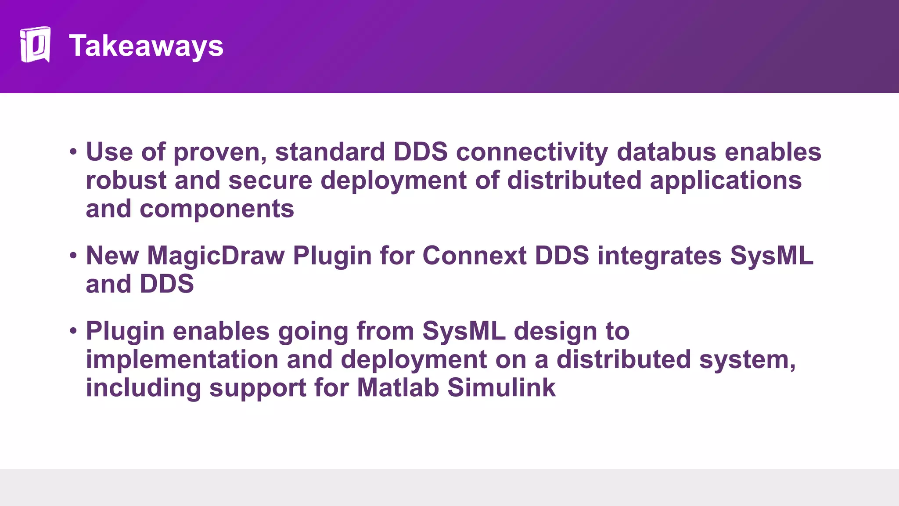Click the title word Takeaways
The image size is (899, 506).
[x=146, y=46]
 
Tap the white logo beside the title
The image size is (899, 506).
[x=35, y=44]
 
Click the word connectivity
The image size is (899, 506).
[x=532, y=152]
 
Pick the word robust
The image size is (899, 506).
[x=126, y=181]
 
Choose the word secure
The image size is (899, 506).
[x=270, y=181]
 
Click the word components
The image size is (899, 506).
[x=217, y=210]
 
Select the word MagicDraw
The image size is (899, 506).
[x=216, y=256]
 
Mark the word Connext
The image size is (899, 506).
[x=474, y=256]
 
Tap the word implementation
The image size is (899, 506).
[x=182, y=360]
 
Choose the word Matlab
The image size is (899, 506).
[x=398, y=388]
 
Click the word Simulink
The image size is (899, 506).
[x=501, y=388]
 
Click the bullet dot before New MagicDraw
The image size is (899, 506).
[x=73, y=256]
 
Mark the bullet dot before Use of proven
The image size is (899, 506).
[x=73, y=152]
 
